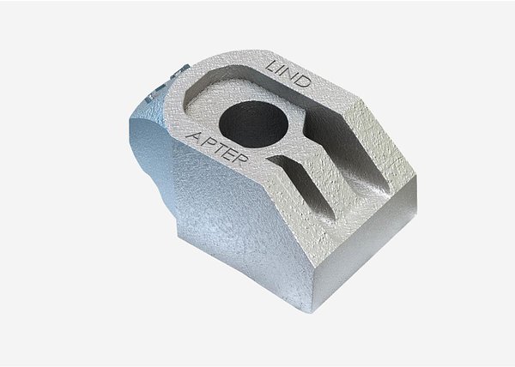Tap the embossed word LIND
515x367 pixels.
click(288, 74)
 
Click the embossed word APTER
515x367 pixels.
click(217, 148)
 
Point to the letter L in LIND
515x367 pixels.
click(272, 66)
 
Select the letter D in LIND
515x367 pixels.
click(302, 81)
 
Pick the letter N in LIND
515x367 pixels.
click(292, 75)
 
